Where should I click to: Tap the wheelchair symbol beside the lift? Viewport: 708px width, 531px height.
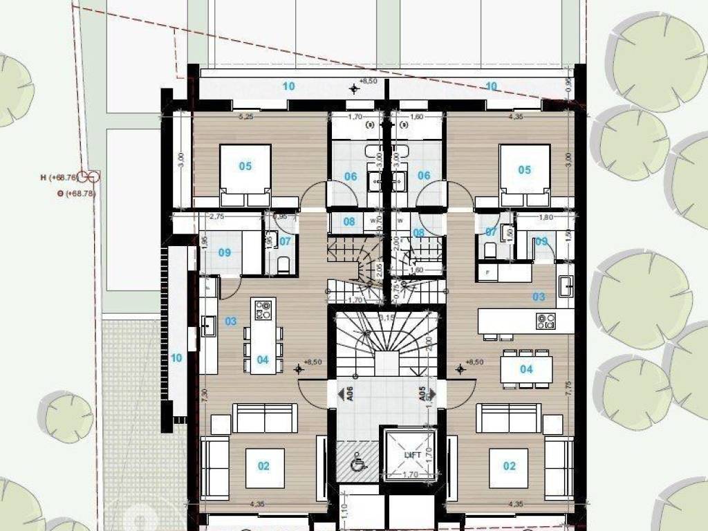point(358,465)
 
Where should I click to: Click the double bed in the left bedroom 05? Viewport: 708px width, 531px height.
point(245,176)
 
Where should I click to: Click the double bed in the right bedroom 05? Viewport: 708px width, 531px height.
point(525,176)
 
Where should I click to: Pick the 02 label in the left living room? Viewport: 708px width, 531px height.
point(263,466)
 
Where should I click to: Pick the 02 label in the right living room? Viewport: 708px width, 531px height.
point(509,466)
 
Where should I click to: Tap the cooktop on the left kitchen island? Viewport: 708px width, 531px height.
point(263,310)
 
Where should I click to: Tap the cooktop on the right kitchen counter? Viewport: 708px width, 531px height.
point(546,319)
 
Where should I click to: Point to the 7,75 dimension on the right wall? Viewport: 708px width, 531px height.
point(568,387)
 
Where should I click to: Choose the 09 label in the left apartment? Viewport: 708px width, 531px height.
point(225,252)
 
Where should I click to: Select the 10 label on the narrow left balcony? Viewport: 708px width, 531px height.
point(176,358)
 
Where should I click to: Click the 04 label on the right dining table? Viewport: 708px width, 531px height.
point(526,369)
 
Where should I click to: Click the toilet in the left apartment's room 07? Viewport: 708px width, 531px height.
point(281,264)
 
